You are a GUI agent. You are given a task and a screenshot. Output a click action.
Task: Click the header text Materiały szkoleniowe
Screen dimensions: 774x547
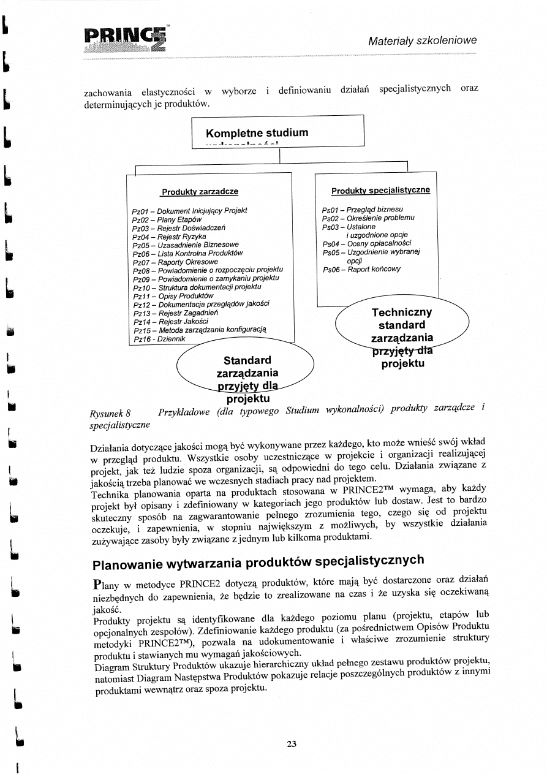(x=422, y=41)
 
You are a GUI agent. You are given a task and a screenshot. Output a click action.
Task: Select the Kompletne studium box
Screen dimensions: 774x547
(x=278, y=133)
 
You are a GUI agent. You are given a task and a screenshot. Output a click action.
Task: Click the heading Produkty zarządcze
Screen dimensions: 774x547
(x=200, y=192)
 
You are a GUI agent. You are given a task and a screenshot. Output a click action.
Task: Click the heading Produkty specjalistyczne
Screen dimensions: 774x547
(x=380, y=191)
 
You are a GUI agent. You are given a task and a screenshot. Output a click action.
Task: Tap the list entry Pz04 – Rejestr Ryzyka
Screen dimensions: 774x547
(x=169, y=236)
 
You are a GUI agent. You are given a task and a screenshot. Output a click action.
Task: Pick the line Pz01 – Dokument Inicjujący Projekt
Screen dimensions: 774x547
(x=189, y=210)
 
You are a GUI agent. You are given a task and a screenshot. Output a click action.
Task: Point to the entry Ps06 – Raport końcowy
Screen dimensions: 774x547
(x=361, y=269)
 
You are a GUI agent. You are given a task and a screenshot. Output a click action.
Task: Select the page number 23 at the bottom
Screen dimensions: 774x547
(x=291, y=744)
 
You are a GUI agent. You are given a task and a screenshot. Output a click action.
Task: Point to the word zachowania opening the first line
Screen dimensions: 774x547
(x=107, y=93)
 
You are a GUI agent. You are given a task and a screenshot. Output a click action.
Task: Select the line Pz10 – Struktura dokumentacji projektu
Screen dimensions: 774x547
(x=197, y=287)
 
